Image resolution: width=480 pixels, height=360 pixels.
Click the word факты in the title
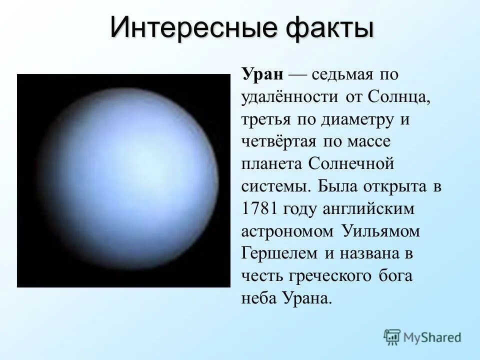(x=328, y=27)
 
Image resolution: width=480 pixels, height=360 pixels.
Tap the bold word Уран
(x=263, y=74)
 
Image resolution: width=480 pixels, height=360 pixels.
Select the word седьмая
(x=342, y=74)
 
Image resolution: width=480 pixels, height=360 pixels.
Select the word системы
(x=275, y=186)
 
